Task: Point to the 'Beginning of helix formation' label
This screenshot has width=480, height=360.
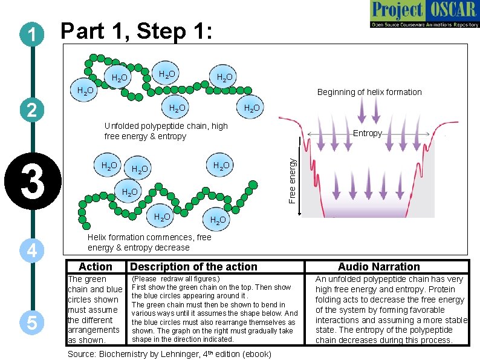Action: [x=369, y=92]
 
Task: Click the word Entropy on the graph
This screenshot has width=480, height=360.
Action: [x=367, y=134]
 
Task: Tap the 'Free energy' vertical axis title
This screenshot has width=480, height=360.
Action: [x=292, y=180]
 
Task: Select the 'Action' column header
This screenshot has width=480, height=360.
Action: [x=96, y=267]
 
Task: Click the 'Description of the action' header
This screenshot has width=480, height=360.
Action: [x=193, y=267]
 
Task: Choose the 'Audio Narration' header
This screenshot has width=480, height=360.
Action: [x=378, y=267]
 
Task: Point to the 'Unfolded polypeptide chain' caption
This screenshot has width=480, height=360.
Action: [x=166, y=131]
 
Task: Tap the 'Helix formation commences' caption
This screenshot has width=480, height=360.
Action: [x=149, y=242]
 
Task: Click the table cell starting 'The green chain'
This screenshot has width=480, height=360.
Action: [x=95, y=309]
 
